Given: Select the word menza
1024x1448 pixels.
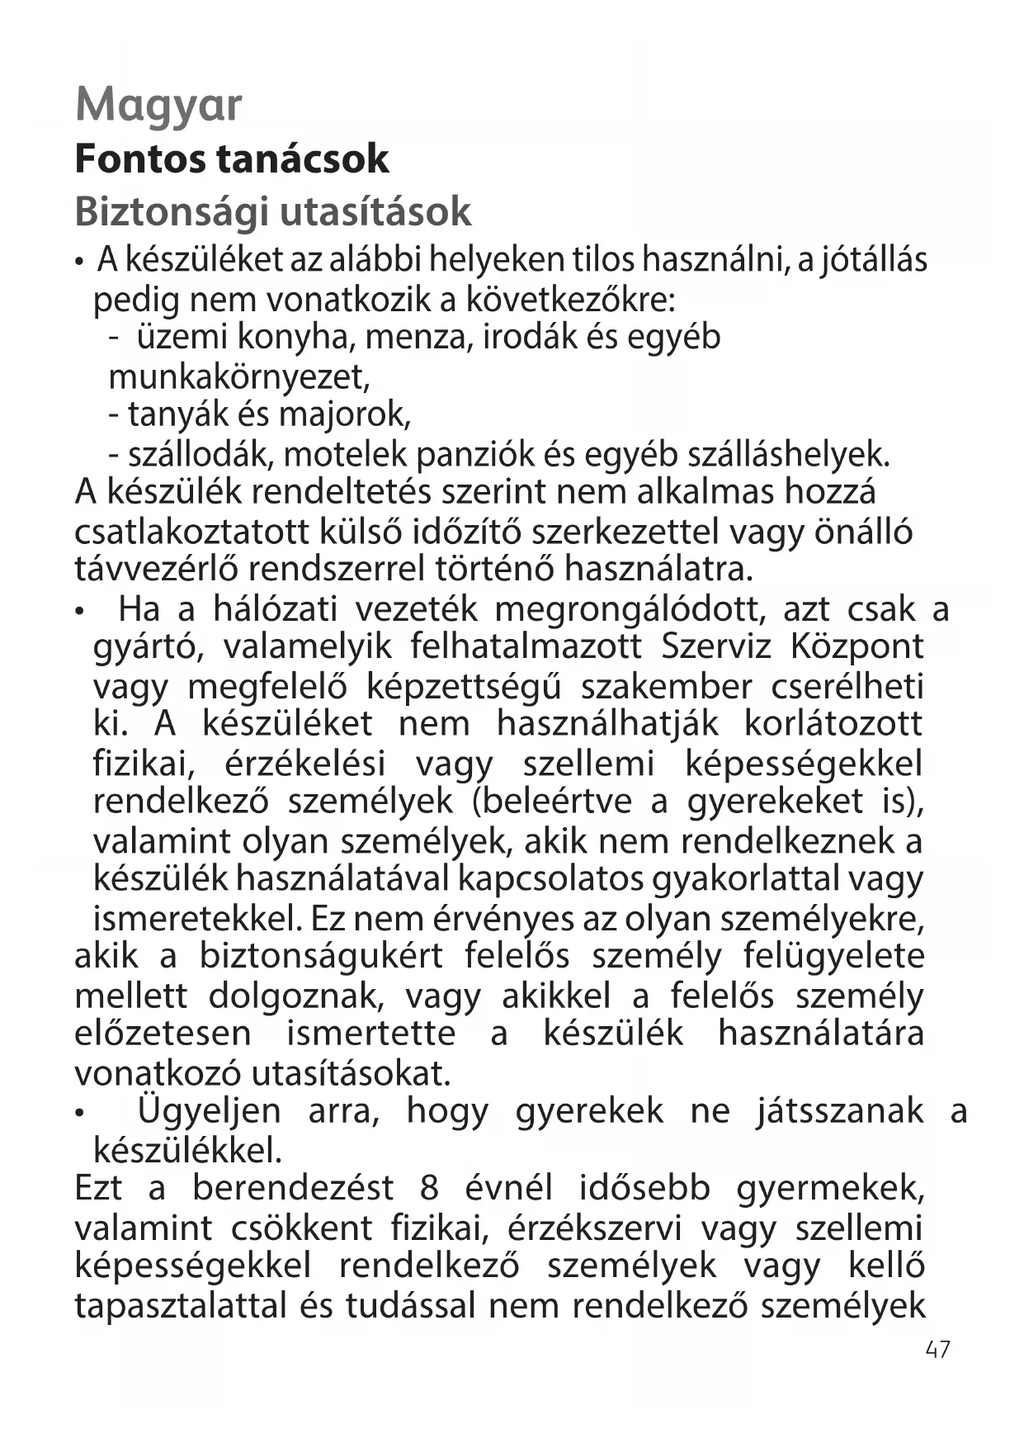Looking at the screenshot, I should point(418,337).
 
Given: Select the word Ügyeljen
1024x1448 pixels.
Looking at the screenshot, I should point(210,1110).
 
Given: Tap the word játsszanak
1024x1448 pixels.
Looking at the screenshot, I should point(839,1110).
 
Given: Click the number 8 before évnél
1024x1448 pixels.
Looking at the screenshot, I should point(429,1188).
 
